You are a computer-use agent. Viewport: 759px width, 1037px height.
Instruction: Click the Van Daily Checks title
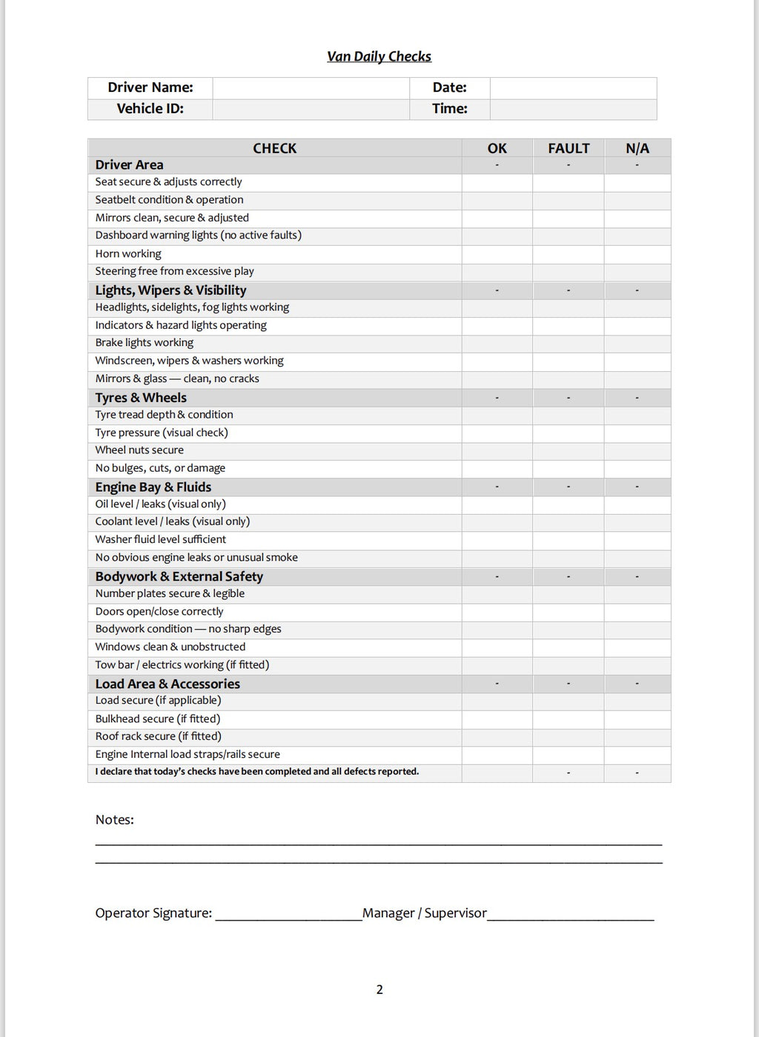379,56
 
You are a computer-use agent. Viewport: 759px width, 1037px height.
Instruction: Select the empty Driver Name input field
311,88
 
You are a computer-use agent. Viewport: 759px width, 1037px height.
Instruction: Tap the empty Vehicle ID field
311,109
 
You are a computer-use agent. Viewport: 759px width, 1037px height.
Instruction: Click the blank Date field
573,88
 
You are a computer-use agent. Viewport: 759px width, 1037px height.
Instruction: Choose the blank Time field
573,109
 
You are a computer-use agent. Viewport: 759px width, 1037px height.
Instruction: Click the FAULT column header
569,148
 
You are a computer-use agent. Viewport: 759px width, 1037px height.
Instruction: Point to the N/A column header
637,148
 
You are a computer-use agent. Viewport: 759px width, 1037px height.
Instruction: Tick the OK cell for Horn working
497,254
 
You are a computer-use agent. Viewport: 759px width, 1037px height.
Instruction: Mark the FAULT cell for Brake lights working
569,343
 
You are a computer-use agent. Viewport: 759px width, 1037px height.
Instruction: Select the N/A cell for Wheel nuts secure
637,450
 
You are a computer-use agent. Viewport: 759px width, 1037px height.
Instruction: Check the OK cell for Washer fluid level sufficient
497,540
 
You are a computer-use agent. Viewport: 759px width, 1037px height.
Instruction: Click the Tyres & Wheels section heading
141,398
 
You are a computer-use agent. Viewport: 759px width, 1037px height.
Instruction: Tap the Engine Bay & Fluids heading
153,487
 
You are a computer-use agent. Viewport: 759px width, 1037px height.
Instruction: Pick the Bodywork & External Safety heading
179,576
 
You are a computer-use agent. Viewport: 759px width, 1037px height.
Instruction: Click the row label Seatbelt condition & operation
169,200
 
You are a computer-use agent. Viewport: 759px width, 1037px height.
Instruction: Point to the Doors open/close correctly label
159,612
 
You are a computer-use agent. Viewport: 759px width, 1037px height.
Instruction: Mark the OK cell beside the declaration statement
497,773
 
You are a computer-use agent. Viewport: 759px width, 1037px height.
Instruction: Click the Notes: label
115,820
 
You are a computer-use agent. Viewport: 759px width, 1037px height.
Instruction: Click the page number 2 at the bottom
379,990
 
